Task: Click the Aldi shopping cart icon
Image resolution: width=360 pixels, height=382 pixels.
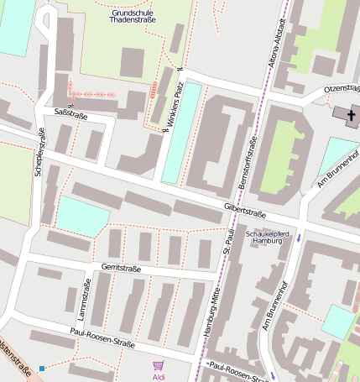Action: pos(158,365)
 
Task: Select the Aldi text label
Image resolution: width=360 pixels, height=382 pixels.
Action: pos(158,376)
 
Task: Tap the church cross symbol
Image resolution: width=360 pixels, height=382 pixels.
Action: pos(346,113)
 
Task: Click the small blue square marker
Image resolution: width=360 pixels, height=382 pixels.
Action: pos(41,368)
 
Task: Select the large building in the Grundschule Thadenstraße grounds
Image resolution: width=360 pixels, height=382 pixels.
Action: pos(132,63)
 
